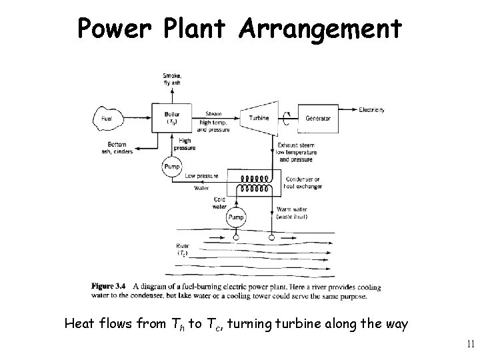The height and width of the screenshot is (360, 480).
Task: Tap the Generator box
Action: point(318,118)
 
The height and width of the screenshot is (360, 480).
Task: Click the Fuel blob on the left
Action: point(107,119)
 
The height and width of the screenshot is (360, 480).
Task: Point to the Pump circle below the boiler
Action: point(172,167)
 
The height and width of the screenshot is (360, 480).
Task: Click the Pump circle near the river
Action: point(237,217)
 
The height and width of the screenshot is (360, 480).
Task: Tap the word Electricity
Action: point(376,109)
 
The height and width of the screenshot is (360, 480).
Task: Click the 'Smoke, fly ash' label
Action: point(171,79)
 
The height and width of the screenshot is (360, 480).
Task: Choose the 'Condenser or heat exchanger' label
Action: point(303,183)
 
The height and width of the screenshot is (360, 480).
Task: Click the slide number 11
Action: point(470,344)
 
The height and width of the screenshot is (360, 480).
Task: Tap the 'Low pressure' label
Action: point(202,176)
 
